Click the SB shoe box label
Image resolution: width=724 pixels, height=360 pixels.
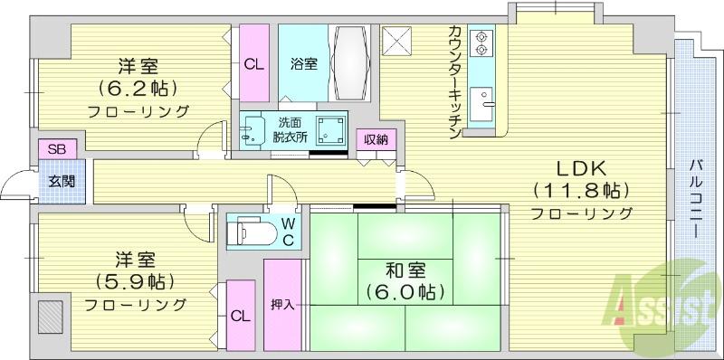pyautogui.click(x=57, y=149)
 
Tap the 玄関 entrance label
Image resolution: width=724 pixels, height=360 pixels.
pyautogui.click(x=62, y=182)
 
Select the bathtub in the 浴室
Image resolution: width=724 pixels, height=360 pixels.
pyautogui.click(x=349, y=62)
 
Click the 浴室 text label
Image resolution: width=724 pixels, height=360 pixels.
pyautogui.click(x=304, y=63)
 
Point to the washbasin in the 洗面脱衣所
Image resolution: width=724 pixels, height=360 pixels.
pyautogui.click(x=252, y=130)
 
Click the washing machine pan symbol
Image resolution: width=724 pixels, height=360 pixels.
pyautogui.click(x=330, y=130)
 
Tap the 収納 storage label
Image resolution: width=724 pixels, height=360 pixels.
pyautogui.click(x=376, y=139)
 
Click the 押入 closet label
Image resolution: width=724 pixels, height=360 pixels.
pyautogui.click(x=282, y=305)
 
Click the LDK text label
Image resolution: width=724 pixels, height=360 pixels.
pyautogui.click(x=581, y=169)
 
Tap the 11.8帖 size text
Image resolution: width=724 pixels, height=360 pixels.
pyautogui.click(x=581, y=190)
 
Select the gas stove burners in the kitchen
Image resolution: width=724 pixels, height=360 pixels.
pyautogui.click(x=481, y=42)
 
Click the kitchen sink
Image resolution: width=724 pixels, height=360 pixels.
pyautogui.click(x=481, y=104)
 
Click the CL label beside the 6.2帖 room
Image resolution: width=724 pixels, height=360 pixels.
pyautogui.click(x=254, y=64)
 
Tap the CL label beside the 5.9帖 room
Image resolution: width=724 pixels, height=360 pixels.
pyautogui.click(x=241, y=317)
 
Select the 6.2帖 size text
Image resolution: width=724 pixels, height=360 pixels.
pyautogui.click(x=138, y=87)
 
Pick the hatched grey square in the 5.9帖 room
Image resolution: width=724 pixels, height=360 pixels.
pyautogui.click(x=51, y=317)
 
